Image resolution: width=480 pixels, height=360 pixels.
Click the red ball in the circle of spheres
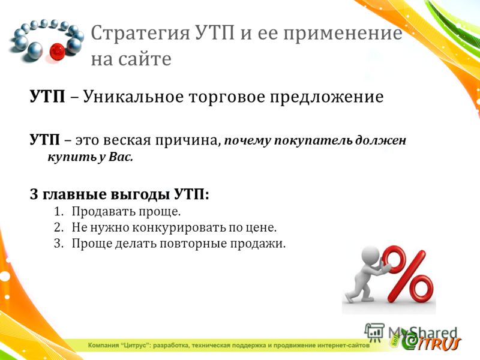57,52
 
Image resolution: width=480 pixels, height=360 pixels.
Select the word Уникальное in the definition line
133,97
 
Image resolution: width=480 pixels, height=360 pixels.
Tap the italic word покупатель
313,140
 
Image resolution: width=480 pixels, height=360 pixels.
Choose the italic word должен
380,140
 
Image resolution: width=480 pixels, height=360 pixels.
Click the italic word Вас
121,157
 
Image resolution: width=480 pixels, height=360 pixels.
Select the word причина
187,140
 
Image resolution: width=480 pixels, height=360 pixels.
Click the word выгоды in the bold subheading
140,194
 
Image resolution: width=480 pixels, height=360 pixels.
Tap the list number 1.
58,212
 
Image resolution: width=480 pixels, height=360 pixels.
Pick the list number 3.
58,244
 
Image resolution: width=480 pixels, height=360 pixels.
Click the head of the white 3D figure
370,254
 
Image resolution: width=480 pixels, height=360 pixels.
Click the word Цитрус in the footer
135,346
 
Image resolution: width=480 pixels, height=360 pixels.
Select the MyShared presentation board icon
374,332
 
